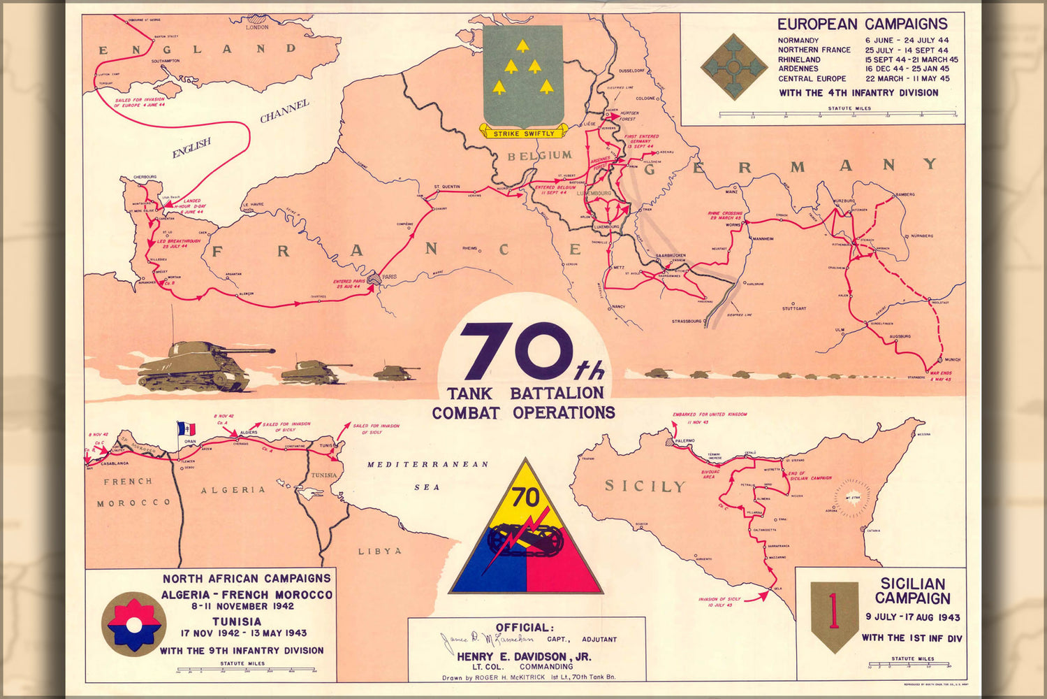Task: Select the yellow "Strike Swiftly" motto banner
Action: [x=523, y=133]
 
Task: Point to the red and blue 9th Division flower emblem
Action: [x=133, y=623]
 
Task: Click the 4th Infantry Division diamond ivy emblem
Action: [x=733, y=67]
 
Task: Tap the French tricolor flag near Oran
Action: [x=186, y=428]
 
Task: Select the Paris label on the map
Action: [x=389, y=277]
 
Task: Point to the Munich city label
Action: [x=952, y=359]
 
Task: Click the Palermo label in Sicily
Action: [x=684, y=441]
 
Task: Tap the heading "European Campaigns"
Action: [x=863, y=24]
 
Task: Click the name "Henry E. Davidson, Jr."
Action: [x=524, y=656]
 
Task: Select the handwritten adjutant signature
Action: [x=486, y=639]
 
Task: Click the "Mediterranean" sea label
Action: [x=427, y=464]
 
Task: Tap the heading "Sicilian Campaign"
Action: [x=912, y=591]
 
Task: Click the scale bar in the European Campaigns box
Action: [x=837, y=114]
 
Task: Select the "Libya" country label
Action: [x=380, y=551]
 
